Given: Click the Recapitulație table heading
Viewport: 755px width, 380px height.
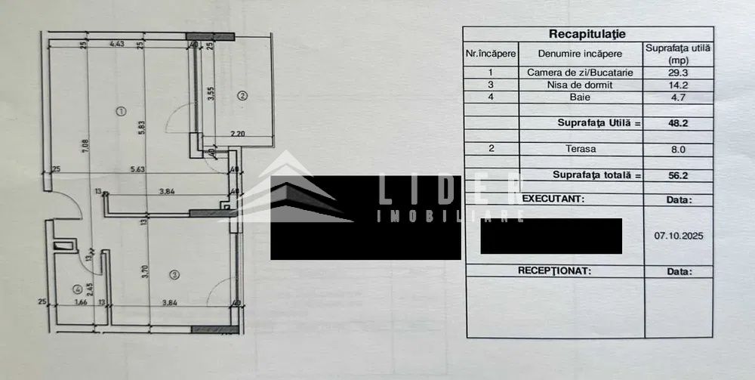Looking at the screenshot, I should coord(587,34).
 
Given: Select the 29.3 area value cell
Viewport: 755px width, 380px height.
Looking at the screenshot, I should coord(679,73).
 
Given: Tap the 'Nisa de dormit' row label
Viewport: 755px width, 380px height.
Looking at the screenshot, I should coord(580,85).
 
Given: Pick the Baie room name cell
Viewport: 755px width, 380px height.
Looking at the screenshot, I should coord(580,97).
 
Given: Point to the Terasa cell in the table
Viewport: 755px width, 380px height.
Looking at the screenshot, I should coord(580,149).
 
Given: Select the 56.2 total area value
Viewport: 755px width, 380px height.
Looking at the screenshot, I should coord(679,175).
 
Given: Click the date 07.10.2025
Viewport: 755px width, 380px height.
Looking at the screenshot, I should coord(679,234).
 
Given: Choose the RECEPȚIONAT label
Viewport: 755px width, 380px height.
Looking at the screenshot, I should coord(553,270).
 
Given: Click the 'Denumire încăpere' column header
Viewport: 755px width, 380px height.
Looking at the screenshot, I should coord(580,54).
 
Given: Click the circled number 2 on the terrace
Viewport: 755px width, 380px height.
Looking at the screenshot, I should coord(242,95).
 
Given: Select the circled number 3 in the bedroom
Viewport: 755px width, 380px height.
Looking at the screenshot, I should coord(173,274).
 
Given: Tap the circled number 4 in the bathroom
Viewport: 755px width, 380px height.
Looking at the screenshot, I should coord(77,288).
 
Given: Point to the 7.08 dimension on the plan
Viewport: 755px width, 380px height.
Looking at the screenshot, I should coord(87,139).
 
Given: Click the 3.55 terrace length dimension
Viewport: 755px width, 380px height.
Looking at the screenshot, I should coord(211,94).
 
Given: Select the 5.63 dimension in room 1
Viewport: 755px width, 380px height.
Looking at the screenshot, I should coord(137,170).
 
